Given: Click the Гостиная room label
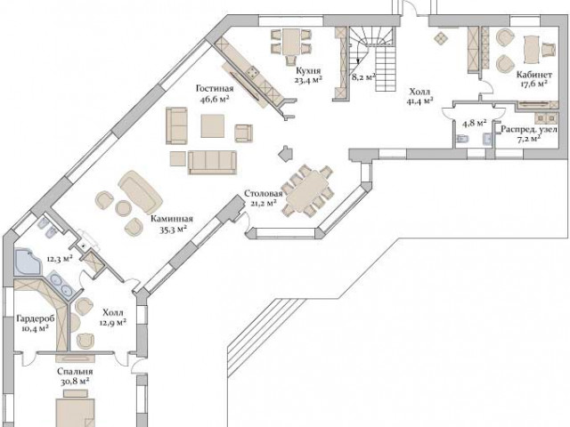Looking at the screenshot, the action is (215, 89).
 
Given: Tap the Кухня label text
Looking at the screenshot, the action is (308, 70).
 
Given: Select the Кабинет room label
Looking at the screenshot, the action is (534, 75).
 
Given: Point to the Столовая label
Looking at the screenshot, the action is (264, 194).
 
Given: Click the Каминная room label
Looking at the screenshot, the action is (172, 219).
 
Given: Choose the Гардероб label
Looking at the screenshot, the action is (36, 319).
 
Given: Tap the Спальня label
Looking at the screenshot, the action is (75, 372).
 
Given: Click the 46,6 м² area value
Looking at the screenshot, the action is (215, 99).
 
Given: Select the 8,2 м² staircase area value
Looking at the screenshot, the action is (363, 77).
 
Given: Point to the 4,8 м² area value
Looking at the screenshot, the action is (475, 123).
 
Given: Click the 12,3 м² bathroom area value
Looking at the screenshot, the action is (60, 259).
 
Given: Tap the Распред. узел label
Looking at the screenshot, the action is (528, 129).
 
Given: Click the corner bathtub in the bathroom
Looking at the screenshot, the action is (28, 262).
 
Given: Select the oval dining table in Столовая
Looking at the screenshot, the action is (307, 191).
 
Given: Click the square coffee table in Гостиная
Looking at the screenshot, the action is (213, 125).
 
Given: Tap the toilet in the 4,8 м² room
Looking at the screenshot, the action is (462, 139).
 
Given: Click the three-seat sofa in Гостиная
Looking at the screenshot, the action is (212, 161).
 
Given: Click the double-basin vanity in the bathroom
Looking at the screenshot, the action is (61, 284).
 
